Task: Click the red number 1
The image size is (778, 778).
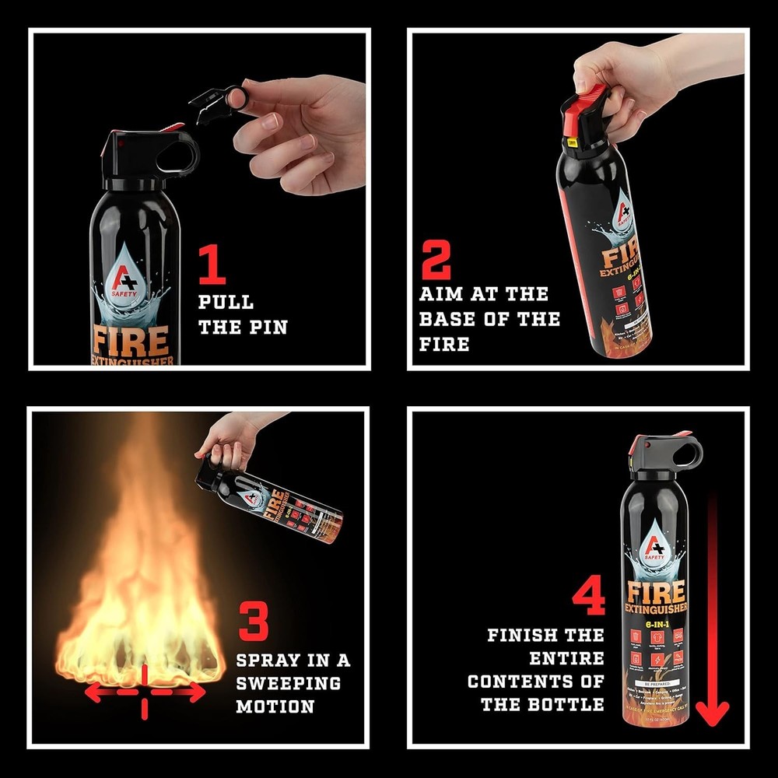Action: click(x=212, y=265)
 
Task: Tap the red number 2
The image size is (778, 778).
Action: click(x=436, y=259)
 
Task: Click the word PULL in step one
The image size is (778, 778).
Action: click(x=226, y=303)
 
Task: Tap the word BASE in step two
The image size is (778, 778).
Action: click(x=447, y=319)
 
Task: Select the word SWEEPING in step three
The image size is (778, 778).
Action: click(x=289, y=684)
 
